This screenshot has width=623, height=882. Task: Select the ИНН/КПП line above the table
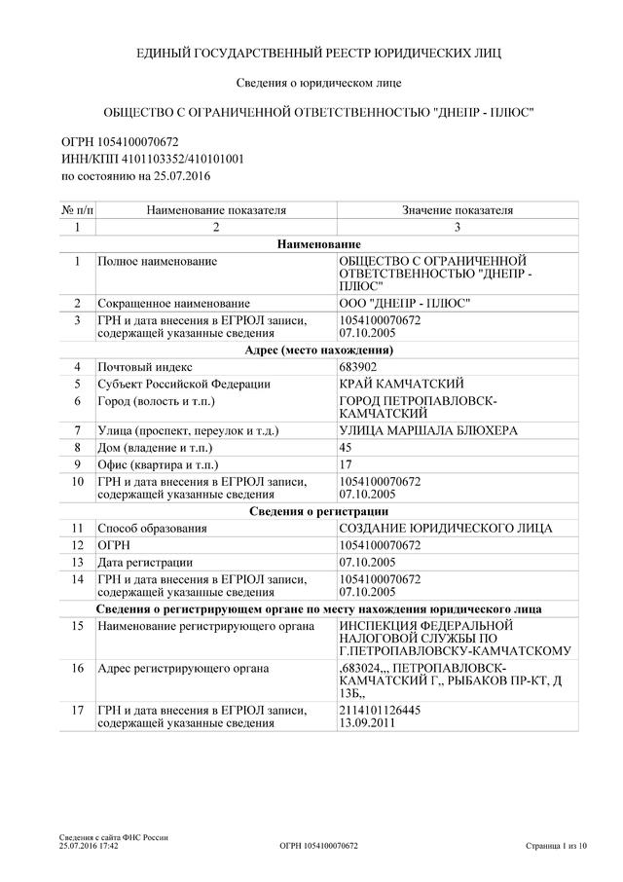(152, 158)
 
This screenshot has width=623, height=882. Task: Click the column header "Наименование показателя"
(216, 209)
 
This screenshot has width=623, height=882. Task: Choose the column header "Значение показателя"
(458, 209)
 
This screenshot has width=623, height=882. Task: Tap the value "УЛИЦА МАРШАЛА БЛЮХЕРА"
(427, 430)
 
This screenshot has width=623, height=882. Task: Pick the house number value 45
(345, 447)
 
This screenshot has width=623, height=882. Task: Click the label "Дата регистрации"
(145, 562)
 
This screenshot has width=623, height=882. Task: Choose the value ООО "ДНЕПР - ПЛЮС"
(402, 304)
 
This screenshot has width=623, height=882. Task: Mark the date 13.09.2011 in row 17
(367, 724)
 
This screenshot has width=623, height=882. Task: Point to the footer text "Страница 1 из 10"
(556, 847)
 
